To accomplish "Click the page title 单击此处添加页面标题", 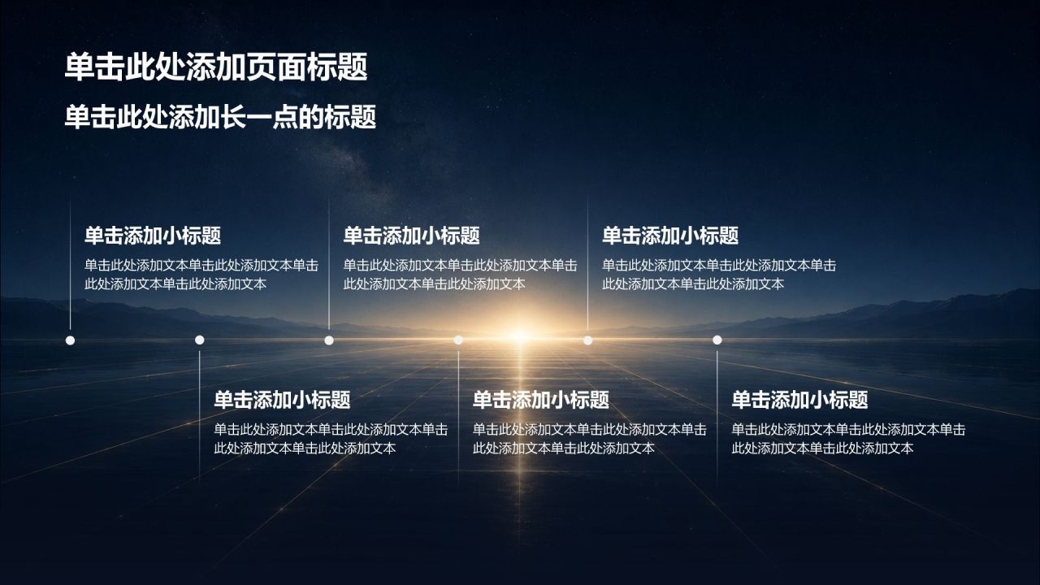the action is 216,67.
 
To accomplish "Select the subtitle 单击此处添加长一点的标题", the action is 220,116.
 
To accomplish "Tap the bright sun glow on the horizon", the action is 520,336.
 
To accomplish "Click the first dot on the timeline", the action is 70,340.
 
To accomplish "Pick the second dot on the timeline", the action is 200,340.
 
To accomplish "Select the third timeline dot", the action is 329,340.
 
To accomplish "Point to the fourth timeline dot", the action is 458,340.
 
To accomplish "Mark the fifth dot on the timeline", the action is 587,340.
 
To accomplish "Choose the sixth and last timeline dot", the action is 717,340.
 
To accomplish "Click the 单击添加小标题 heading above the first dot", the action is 153,236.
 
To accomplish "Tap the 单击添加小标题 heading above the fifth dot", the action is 670,236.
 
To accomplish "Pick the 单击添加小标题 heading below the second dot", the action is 282,399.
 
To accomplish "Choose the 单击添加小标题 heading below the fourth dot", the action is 541,399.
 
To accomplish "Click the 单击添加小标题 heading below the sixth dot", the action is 800,399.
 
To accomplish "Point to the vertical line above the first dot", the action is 70,264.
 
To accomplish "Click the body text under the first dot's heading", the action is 201,275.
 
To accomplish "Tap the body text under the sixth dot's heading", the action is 849,439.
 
